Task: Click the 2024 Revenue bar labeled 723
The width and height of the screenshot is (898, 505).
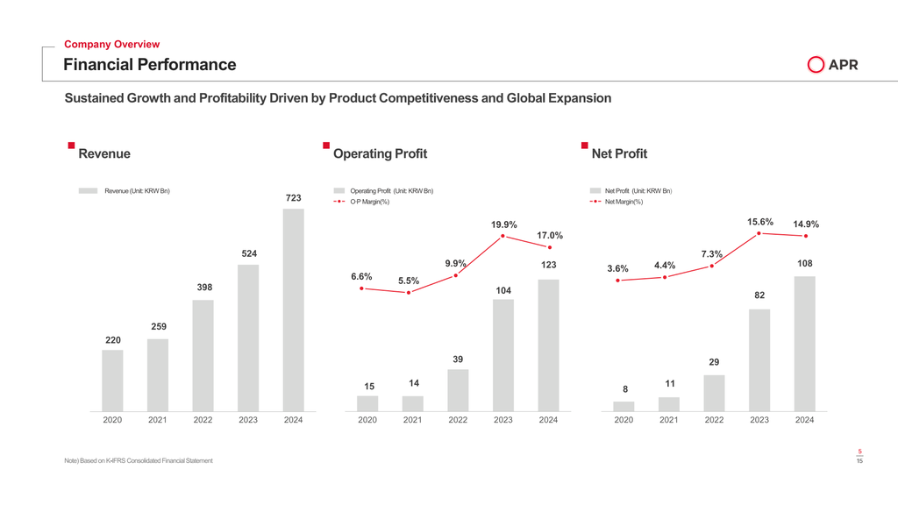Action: click(x=293, y=309)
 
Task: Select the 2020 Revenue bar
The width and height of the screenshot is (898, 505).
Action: click(x=112, y=380)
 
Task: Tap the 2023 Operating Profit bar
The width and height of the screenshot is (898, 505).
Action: click(x=503, y=354)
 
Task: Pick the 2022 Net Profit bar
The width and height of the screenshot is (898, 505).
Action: click(x=714, y=392)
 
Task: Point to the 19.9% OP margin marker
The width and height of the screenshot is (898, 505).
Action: click(x=503, y=236)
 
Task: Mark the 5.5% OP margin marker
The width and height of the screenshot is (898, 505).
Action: click(x=409, y=293)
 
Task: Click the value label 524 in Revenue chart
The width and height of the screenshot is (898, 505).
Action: click(x=249, y=254)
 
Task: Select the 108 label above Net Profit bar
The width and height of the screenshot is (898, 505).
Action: click(x=804, y=264)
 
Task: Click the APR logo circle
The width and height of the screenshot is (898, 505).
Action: click(x=816, y=65)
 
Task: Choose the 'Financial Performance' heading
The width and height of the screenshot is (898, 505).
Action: click(x=149, y=65)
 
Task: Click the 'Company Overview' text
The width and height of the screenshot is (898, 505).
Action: click(x=112, y=44)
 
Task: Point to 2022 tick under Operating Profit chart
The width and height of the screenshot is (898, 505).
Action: click(x=458, y=420)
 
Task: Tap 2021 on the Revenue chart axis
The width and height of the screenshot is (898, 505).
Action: click(x=158, y=420)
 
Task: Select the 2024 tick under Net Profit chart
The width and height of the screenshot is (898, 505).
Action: click(x=804, y=420)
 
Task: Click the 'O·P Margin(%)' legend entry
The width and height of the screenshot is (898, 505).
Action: click(x=369, y=203)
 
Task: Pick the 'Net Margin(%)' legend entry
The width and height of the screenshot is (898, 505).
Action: click(x=624, y=203)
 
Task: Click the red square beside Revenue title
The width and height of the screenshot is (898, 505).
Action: click(x=70, y=145)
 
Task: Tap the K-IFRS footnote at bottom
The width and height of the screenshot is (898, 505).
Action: click(x=139, y=461)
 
